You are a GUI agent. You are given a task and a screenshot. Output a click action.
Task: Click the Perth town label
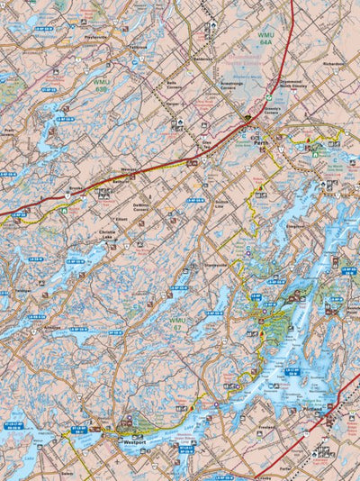[261, 142]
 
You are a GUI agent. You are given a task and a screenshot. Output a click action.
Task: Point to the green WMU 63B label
[102, 85]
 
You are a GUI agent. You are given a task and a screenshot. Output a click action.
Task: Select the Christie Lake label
[107, 234]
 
